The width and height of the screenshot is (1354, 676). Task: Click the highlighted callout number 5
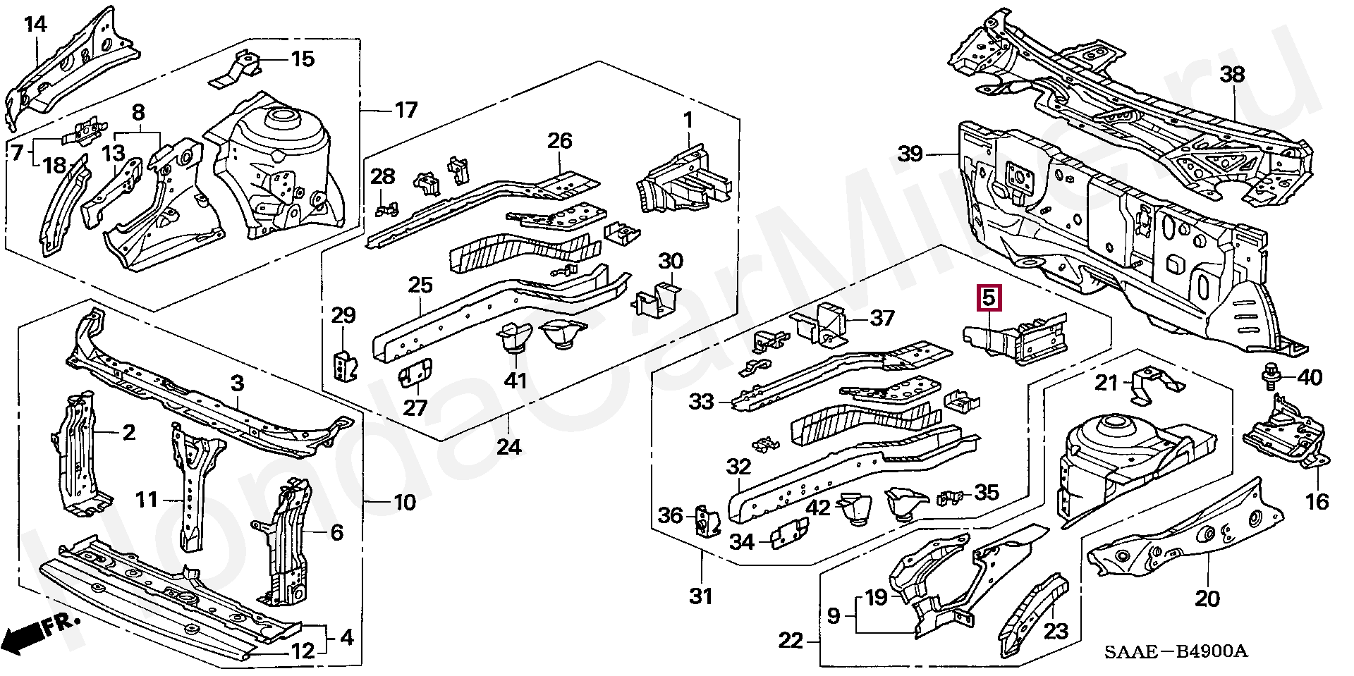[x=989, y=298]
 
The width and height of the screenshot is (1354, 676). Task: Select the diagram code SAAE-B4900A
[x=1176, y=651]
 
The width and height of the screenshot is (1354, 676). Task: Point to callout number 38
[x=1232, y=75]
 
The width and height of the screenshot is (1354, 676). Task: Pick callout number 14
[x=35, y=25]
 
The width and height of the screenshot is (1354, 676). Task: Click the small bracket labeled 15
[x=236, y=67]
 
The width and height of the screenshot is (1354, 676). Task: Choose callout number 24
[x=508, y=446]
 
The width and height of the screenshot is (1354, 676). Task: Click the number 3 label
[x=238, y=383]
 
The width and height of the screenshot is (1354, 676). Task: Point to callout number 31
[x=700, y=596]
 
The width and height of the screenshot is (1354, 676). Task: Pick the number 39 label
[x=910, y=153]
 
